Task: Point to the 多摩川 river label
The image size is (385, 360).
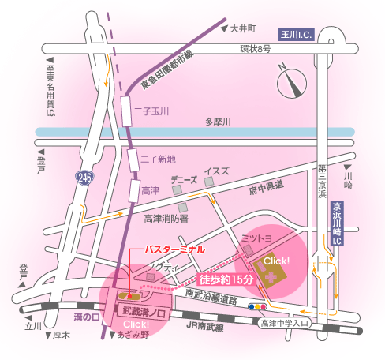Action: [x=218, y=122]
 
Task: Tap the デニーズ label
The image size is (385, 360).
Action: [x=184, y=179]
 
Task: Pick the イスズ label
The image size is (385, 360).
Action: [x=217, y=171]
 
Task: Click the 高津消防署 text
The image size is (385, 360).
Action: [x=166, y=218]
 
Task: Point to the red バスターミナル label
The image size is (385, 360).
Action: [x=174, y=249]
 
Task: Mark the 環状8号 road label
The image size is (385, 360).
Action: [x=256, y=50]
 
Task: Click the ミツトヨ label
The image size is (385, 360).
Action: [x=257, y=236]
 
